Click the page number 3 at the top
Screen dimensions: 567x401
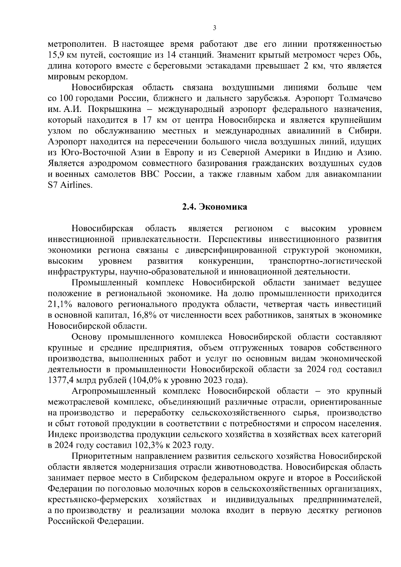click(x=214, y=28)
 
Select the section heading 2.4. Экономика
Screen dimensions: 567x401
click(x=215, y=207)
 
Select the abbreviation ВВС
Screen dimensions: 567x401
click(x=149, y=174)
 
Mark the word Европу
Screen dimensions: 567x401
click(x=179, y=153)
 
